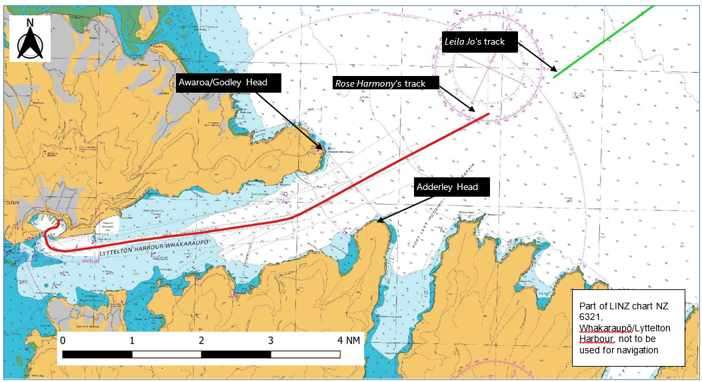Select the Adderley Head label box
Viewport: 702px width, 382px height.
pos(447,187)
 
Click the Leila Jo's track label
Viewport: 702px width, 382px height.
pos(475,42)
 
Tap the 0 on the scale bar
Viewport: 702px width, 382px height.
pos(63,340)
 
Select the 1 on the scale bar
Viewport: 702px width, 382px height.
pos(132,340)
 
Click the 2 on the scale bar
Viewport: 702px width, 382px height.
pos(201,340)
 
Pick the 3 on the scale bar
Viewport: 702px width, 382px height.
pos(271,340)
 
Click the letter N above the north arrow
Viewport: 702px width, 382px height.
pos(31,23)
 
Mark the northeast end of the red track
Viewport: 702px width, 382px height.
pos(489,114)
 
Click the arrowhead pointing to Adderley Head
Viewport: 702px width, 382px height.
pos(377,221)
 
